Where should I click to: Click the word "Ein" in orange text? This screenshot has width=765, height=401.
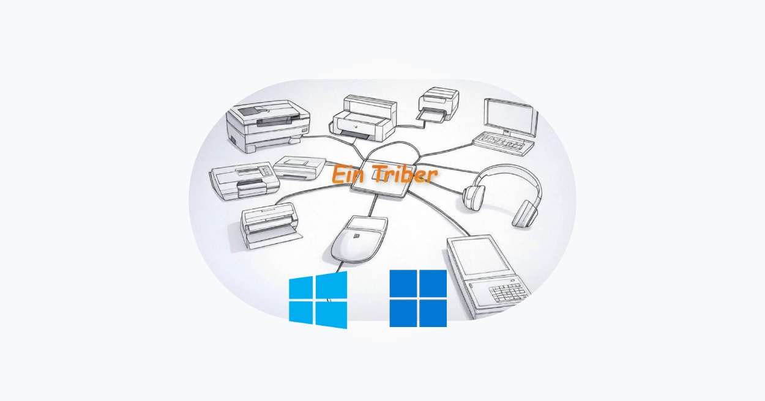(348, 174)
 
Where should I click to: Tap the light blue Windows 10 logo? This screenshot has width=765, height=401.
(318, 300)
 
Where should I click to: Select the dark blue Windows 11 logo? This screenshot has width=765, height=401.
(418, 298)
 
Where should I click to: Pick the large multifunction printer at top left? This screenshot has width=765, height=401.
(267, 125)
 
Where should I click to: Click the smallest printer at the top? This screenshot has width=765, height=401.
(438, 104)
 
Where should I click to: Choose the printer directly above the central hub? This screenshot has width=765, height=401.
(363, 117)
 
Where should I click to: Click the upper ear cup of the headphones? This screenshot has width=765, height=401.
(474, 196)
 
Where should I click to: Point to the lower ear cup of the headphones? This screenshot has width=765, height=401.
(525, 213)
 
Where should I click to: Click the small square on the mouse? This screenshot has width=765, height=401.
(357, 235)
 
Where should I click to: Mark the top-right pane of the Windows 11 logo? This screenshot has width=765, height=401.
(433, 283)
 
